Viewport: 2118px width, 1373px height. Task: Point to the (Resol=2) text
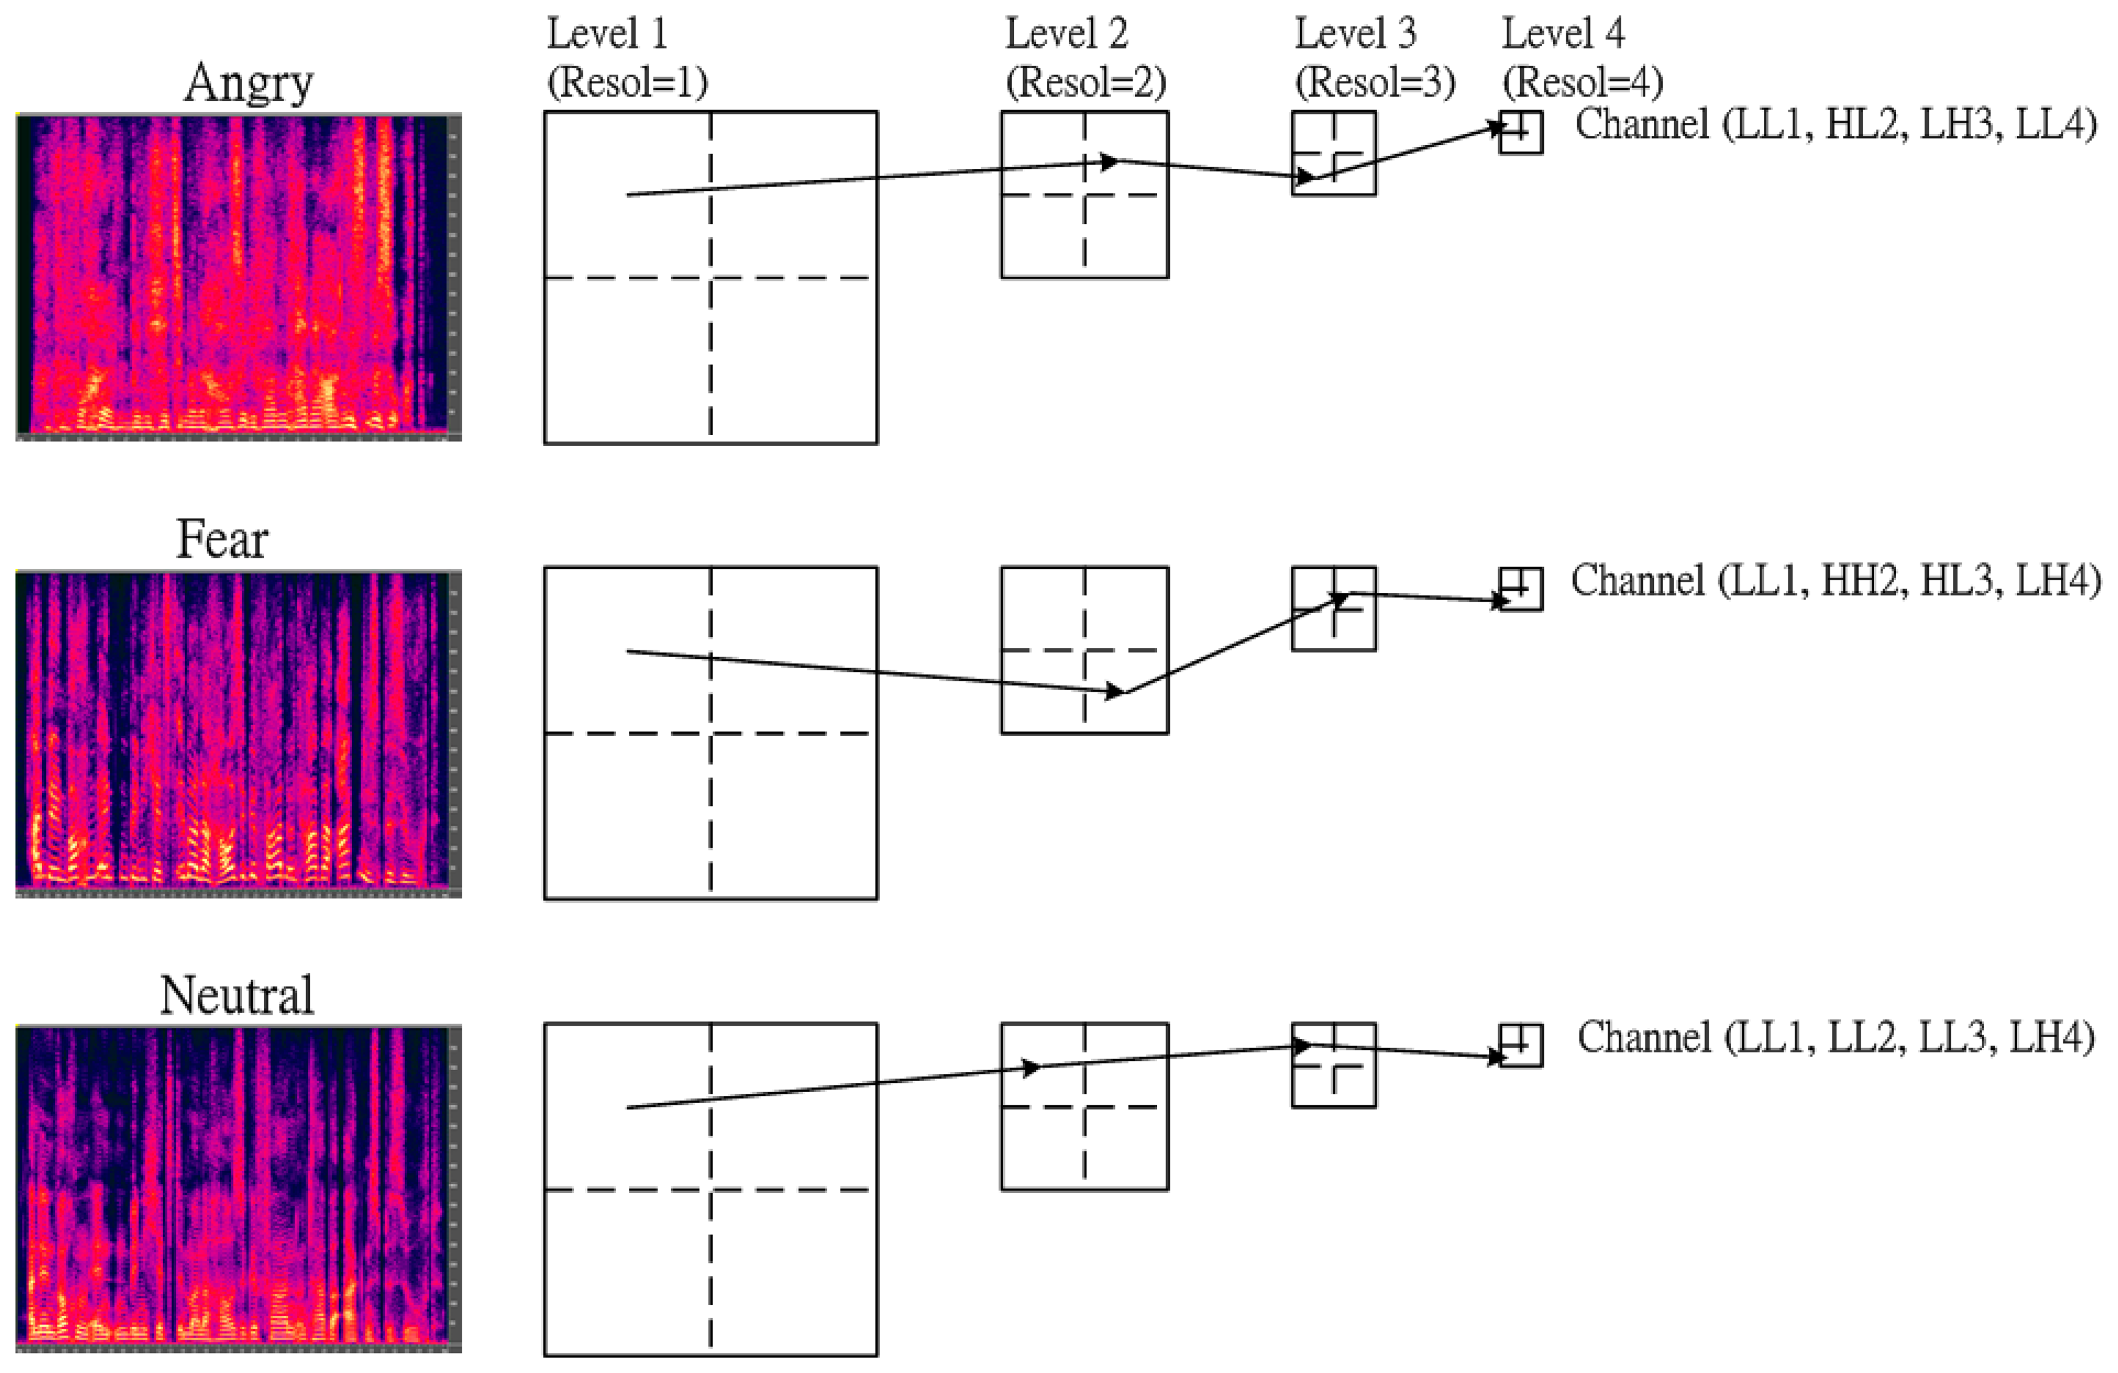click(x=1086, y=83)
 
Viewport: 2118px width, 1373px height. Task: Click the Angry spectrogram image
click(x=238, y=276)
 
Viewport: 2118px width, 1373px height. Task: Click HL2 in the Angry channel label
click(x=1866, y=125)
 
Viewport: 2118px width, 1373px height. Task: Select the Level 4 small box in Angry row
click(x=1521, y=133)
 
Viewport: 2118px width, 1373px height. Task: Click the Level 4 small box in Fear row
click(x=1521, y=588)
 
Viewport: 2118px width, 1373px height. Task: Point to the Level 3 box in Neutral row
click(x=1333, y=1065)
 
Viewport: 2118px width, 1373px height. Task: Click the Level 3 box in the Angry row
click(x=1333, y=153)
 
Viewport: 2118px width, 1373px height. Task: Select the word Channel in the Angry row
click(x=1642, y=125)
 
